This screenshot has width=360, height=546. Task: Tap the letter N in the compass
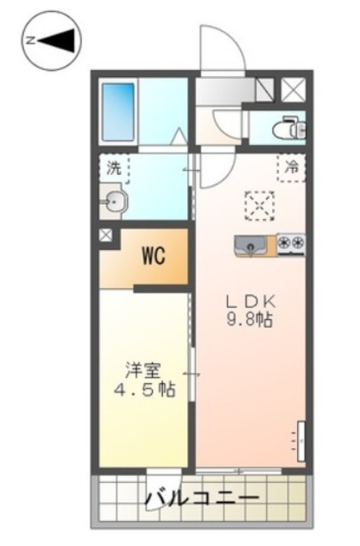(x=30, y=40)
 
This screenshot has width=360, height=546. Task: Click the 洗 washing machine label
(x=113, y=168)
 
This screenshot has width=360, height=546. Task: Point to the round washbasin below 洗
(x=114, y=202)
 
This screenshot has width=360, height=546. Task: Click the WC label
(x=154, y=254)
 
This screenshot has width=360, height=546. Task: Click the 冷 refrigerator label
(x=291, y=168)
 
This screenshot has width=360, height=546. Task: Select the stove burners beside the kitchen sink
(x=291, y=242)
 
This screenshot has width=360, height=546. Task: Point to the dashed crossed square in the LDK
(x=258, y=205)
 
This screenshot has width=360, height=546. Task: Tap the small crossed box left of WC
(x=106, y=235)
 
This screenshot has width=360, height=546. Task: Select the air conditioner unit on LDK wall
(x=301, y=440)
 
